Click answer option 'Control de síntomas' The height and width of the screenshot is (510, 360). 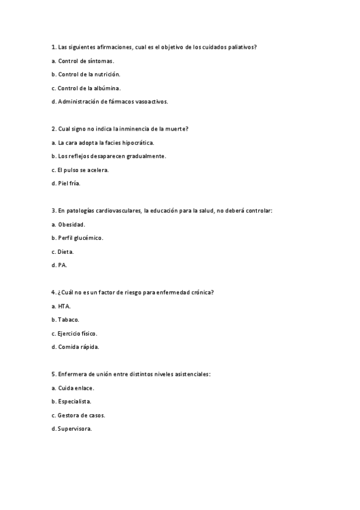pos(85,61)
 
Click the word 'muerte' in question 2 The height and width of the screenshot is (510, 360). pos(174,129)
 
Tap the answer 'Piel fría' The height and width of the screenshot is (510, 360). pos(69,183)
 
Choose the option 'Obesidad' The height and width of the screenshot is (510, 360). pos(72,224)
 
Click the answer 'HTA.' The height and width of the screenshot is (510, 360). pos(64,306)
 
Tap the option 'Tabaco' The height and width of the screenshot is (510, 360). pos(68,319)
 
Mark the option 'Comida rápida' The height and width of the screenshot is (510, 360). pos(78,347)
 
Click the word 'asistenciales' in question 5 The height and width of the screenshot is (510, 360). pos(191,374)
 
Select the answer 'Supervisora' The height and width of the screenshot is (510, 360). pos(74,429)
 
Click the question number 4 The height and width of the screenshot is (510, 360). pos(53,292)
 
